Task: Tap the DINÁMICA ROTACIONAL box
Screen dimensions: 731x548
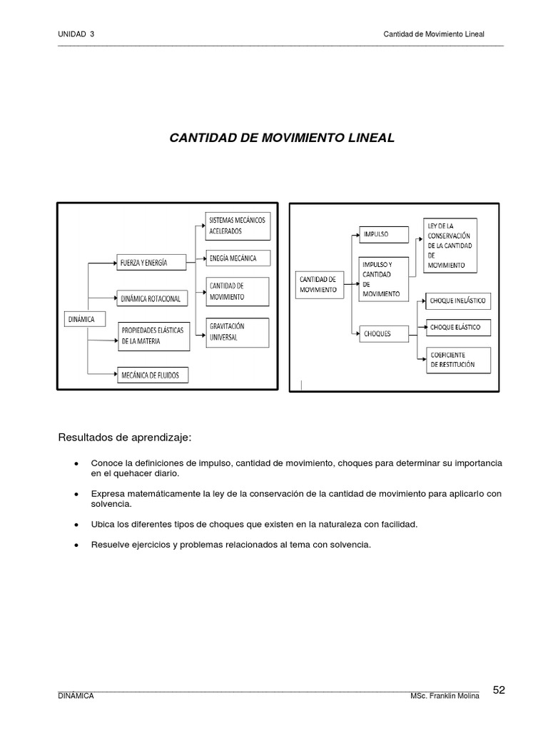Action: pos(153,298)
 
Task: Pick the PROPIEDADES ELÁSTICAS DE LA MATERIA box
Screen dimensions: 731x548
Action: pos(153,336)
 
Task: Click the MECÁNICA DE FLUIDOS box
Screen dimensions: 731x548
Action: pos(153,373)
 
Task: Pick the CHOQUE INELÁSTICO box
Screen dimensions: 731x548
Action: pos(458,301)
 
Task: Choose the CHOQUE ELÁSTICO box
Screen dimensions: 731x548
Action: pos(458,328)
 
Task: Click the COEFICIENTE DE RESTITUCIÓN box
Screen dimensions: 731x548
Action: pos(458,360)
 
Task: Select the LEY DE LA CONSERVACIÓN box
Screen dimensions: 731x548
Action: pos(450,245)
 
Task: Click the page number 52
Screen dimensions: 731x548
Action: pos(499,690)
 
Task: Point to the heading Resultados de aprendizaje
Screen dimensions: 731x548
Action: pos(125,437)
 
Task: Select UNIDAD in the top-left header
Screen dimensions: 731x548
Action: pos(71,34)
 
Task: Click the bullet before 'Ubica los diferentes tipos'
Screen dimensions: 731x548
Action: pos(76,524)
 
